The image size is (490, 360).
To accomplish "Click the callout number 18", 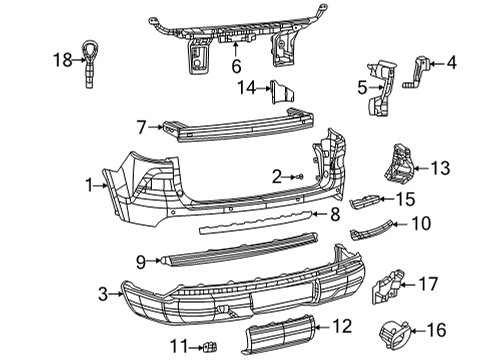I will [x=61, y=60].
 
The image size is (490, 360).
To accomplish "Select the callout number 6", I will [x=236, y=67].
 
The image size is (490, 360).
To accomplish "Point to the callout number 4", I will [x=451, y=63].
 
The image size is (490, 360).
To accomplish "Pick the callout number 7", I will [x=142, y=126].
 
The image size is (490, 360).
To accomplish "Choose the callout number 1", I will [x=91, y=184].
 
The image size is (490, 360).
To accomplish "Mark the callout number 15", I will [x=433, y=200].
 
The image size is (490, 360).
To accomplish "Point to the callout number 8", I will [x=335, y=214].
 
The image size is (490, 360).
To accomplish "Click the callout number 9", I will [x=141, y=261].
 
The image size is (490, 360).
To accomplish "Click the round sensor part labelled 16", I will [x=393, y=332].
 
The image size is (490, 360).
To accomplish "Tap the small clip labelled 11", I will [x=208, y=349].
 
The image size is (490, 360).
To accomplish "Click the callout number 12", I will [x=342, y=325].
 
